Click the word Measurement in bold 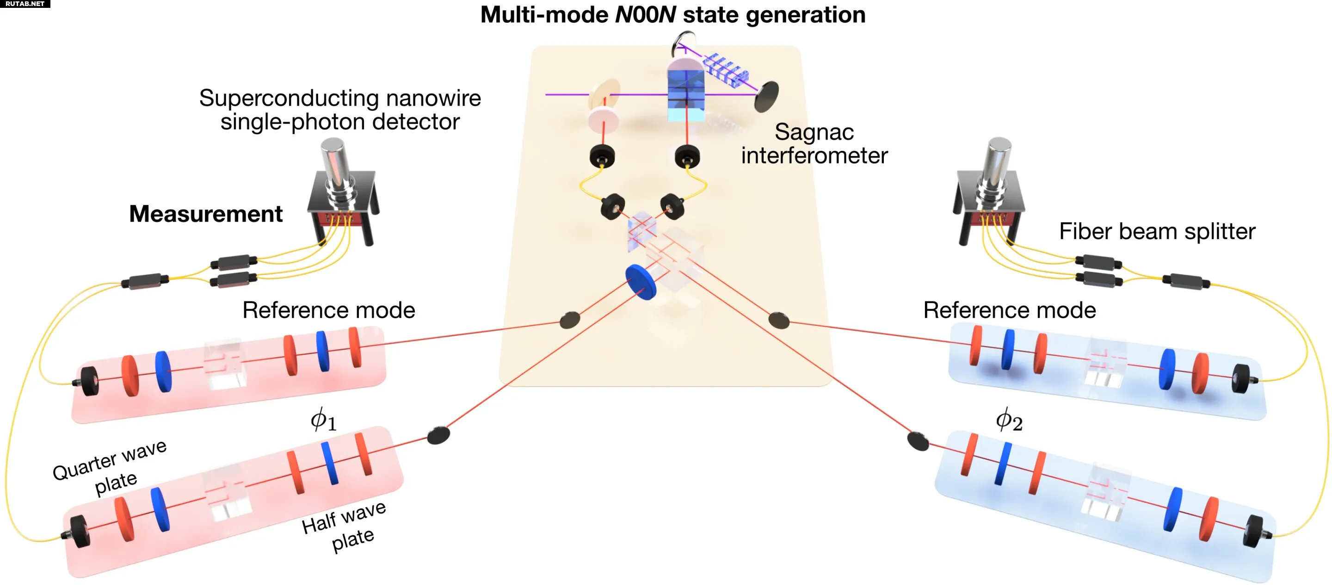(x=206, y=214)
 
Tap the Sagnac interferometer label (x=814, y=144)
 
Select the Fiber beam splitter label (x=1157, y=231)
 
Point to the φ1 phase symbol (x=323, y=420)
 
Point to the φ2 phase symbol (x=1009, y=420)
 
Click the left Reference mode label (x=329, y=310)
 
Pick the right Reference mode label (x=1009, y=310)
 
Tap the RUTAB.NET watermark (x=25, y=4)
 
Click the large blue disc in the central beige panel (x=641, y=282)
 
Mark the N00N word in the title (x=645, y=14)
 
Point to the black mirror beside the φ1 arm (x=438, y=435)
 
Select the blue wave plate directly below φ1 (x=329, y=464)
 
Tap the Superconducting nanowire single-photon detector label (x=340, y=110)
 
